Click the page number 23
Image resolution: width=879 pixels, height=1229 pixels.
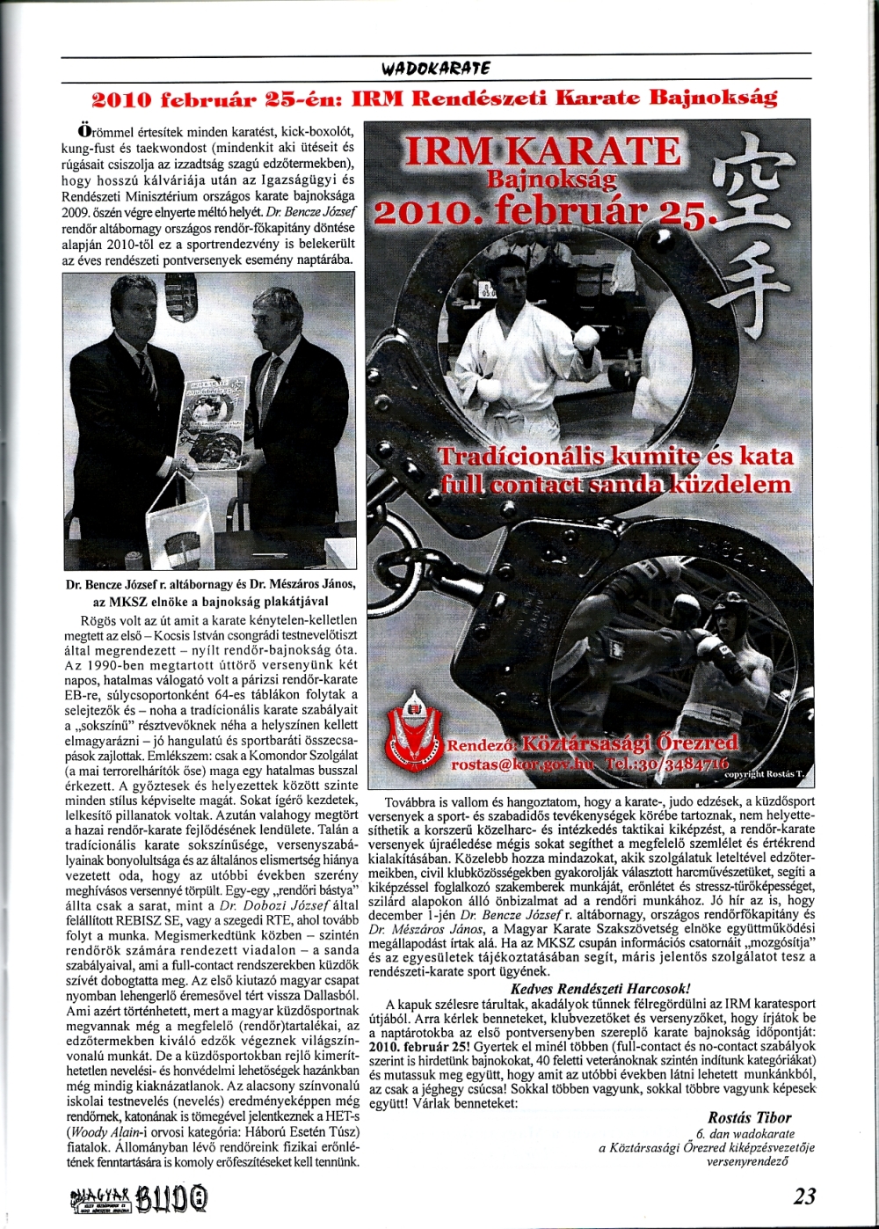pos(803,1196)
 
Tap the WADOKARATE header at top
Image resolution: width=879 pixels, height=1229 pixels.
pos(436,68)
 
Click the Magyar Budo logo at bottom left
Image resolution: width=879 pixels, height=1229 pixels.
pos(141,1198)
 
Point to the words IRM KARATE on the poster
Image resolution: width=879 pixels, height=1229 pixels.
pos(541,152)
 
